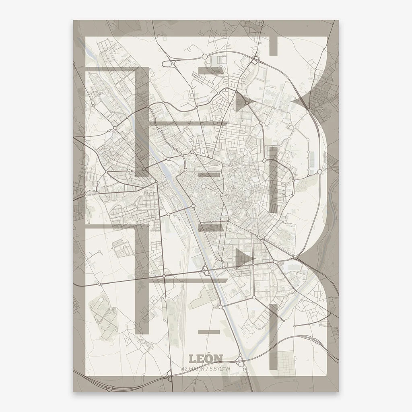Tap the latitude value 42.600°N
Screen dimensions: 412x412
193,368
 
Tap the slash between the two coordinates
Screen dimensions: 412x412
206,368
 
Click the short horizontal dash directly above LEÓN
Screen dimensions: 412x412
210,332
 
